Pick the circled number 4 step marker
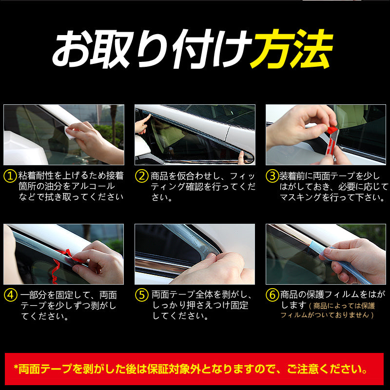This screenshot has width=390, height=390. click(10, 295)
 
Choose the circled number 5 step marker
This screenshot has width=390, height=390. click(141, 295)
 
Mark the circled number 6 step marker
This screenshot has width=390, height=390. click(272, 295)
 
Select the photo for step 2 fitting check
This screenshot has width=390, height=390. click(195, 135)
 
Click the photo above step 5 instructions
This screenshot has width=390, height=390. click(195, 254)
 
